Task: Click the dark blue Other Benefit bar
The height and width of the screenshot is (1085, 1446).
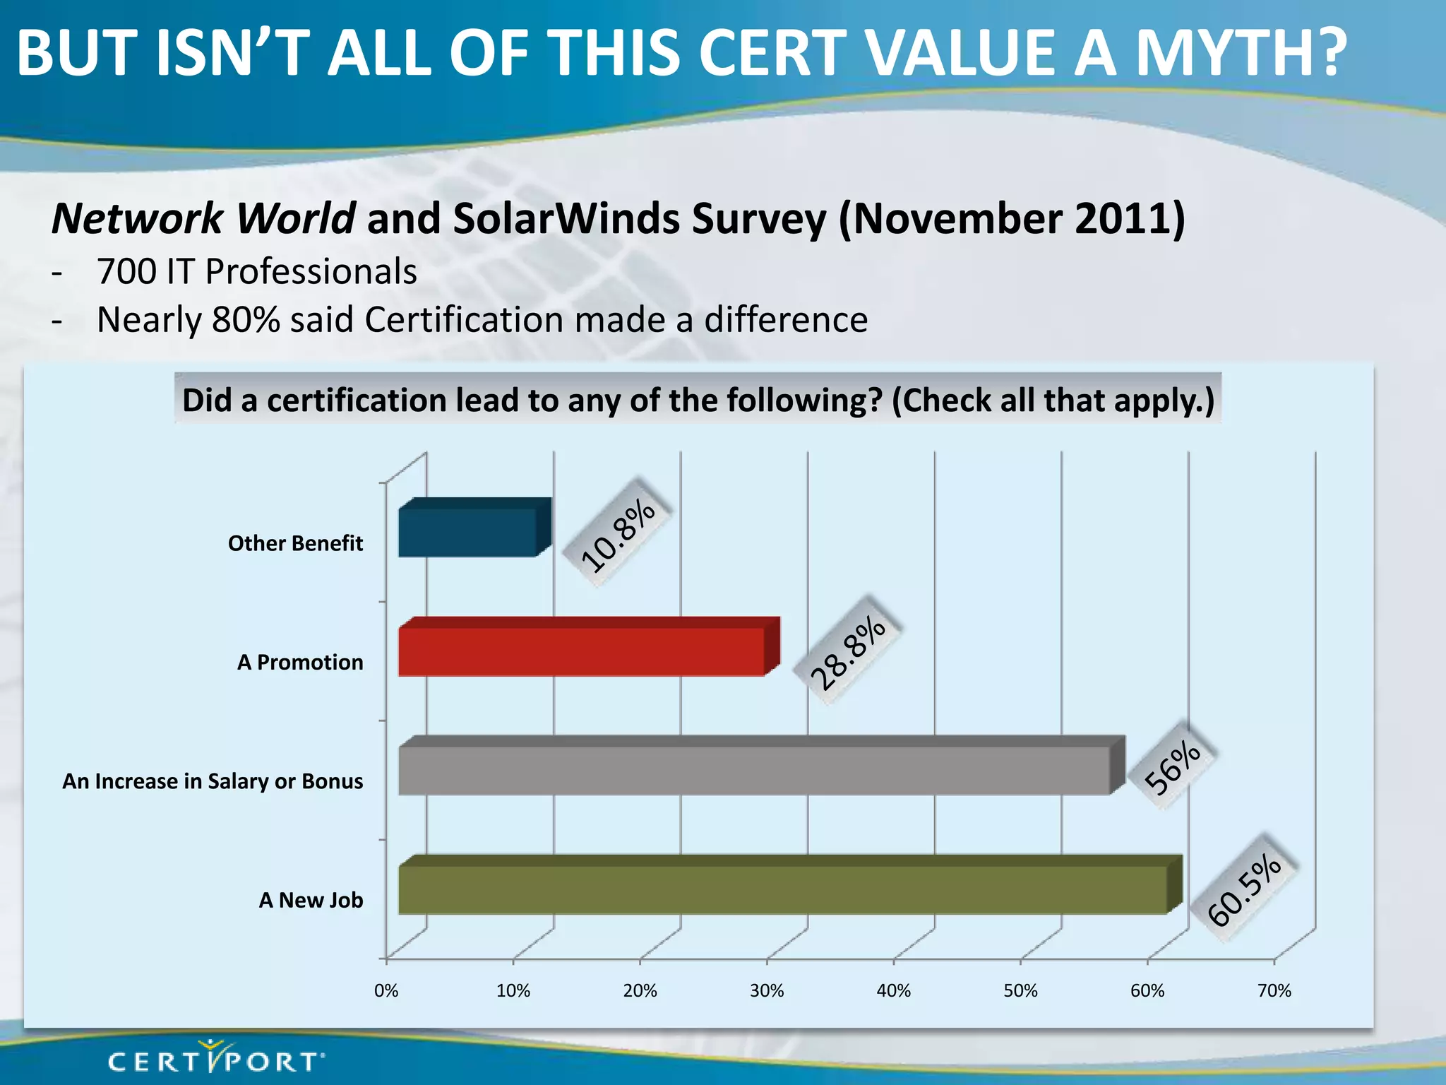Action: pos(467,532)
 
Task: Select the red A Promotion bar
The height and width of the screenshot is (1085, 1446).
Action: pos(581,651)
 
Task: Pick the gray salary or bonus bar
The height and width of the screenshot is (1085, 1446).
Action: pos(753,770)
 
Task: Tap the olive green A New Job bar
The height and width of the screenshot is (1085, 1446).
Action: pos(782,889)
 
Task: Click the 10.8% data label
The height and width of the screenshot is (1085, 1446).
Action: pos(618,534)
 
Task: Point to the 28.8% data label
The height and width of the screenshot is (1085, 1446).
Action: pos(847,653)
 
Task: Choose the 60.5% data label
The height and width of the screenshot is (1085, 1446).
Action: pos(1244,890)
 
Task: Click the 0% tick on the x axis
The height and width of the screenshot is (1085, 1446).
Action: pos(386,991)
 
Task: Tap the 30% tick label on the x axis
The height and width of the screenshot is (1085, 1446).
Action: pos(767,991)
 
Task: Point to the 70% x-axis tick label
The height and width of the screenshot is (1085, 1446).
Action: pos(1274,991)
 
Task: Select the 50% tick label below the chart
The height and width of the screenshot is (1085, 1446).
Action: pos(1021,991)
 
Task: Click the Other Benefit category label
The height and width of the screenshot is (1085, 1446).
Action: pos(295,543)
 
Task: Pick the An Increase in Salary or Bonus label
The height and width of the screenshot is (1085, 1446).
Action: pos(213,781)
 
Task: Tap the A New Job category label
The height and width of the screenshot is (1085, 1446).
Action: pos(311,901)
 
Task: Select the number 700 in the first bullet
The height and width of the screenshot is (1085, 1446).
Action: pos(126,272)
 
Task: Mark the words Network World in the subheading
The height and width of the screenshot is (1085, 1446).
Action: pos(203,219)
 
